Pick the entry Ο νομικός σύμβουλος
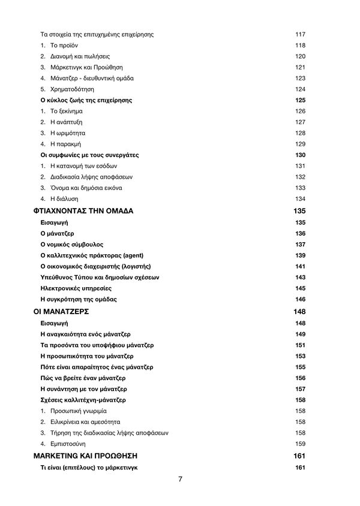(71, 244)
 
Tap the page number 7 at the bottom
(180, 479)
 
